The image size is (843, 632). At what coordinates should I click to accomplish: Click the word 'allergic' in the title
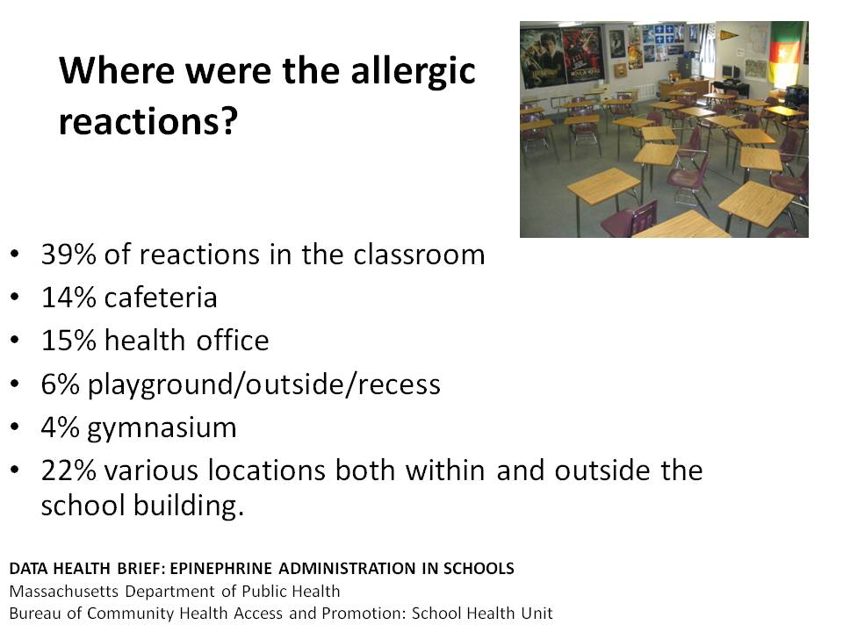(413, 72)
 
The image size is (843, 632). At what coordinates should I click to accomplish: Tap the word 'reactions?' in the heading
(148, 121)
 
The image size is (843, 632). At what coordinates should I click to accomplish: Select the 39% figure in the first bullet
(68, 255)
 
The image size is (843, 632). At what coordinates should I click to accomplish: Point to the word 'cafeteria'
(161, 298)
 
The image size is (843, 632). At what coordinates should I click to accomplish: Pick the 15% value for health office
(68, 341)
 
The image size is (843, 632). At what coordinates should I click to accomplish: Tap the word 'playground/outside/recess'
(264, 384)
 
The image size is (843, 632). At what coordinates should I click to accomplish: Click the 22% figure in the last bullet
(68, 470)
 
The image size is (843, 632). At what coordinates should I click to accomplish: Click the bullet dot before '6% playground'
(15, 384)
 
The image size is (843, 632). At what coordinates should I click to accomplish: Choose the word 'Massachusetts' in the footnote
(64, 591)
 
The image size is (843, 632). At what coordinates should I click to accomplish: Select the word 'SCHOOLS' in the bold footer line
(479, 568)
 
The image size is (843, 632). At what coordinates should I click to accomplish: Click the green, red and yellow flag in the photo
(786, 54)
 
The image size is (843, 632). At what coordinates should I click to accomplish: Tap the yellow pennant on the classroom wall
(730, 35)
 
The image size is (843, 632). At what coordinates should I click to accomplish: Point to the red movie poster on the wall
(583, 54)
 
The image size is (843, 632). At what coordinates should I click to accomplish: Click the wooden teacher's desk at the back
(683, 87)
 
